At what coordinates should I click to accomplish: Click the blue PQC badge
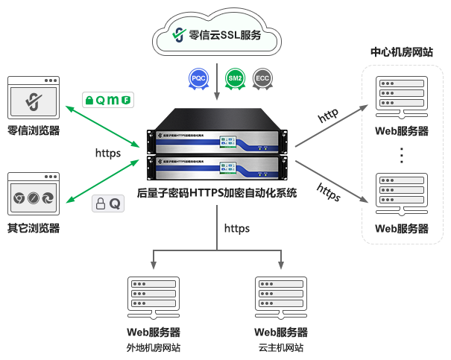pyautogui.click(x=198, y=78)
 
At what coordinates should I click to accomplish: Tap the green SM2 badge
pyautogui.click(x=235, y=78)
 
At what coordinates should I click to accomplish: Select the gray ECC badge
pyautogui.click(x=262, y=78)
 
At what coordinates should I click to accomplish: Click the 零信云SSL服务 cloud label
pyautogui.click(x=217, y=34)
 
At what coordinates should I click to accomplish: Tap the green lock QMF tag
pyautogui.click(x=108, y=99)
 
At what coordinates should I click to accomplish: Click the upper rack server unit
pyautogui.click(x=217, y=134)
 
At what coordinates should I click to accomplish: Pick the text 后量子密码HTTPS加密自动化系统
pyautogui.click(x=217, y=192)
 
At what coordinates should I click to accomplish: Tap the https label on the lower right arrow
pyautogui.click(x=329, y=192)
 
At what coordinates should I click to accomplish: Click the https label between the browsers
pyautogui.click(x=108, y=153)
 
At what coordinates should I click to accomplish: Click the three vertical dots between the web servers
pyautogui.click(x=401, y=155)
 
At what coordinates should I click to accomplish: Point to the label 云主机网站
pyautogui.click(x=281, y=348)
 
